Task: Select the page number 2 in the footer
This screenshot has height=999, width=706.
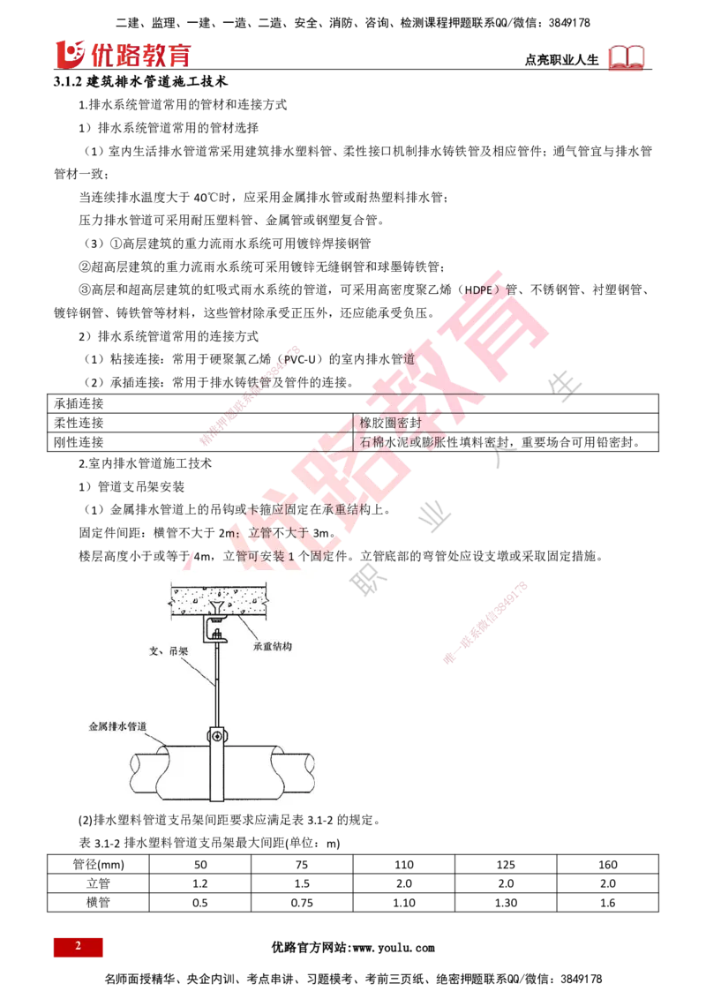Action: click(x=78, y=947)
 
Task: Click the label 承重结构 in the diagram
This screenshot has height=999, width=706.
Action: click(x=272, y=646)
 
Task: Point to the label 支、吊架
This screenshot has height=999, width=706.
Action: click(x=164, y=653)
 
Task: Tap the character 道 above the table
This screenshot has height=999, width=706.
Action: click(x=408, y=358)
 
